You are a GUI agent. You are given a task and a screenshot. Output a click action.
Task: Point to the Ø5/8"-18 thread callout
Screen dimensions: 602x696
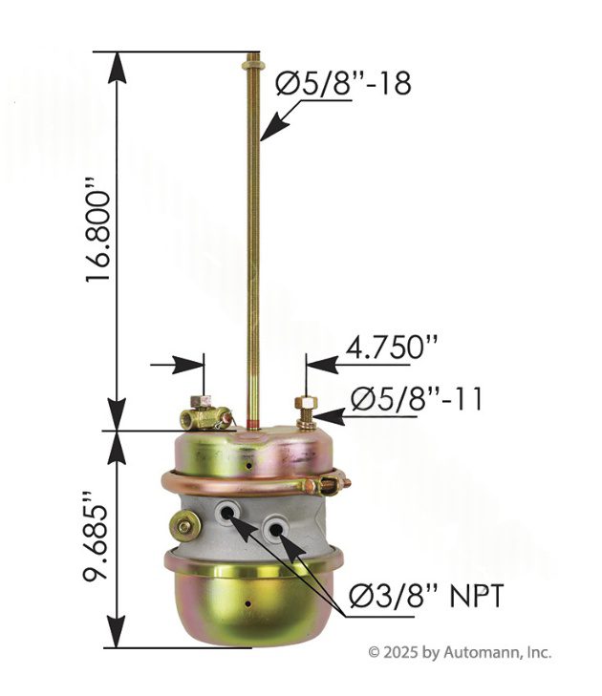pyautogui.click(x=343, y=83)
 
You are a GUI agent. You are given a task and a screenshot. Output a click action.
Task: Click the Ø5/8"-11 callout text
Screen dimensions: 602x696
pyautogui.click(x=417, y=399)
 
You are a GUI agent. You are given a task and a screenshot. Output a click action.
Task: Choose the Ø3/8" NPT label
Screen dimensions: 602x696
pyautogui.click(x=426, y=595)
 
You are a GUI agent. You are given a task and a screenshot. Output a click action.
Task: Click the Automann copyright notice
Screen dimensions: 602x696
pyautogui.click(x=460, y=652)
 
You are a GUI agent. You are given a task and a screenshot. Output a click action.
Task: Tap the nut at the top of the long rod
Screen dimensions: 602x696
pyautogui.click(x=253, y=66)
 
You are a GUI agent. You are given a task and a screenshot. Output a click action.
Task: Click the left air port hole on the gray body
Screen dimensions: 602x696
pyautogui.click(x=227, y=514)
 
